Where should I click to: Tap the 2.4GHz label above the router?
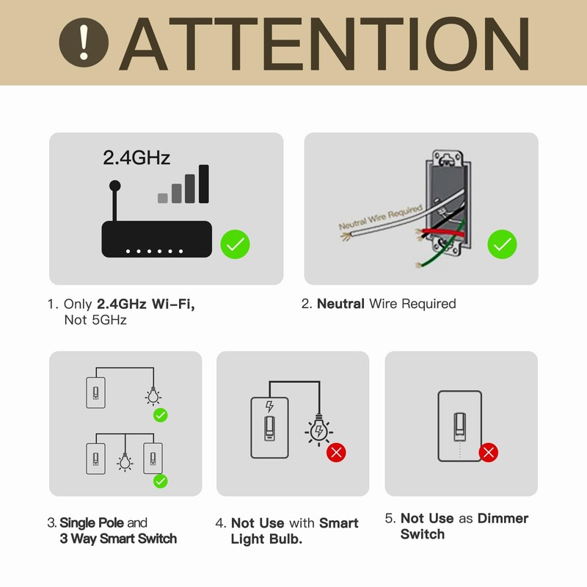pyautogui.click(x=136, y=157)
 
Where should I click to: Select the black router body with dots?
pyautogui.click(x=156, y=239)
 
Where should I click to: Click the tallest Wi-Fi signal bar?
pyautogui.click(x=204, y=183)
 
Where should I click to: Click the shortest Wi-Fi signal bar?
pyautogui.click(x=162, y=197)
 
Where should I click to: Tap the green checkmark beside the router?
pyautogui.click(x=235, y=244)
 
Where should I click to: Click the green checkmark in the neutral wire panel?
pyautogui.click(x=502, y=244)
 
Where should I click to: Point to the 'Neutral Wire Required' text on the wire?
pyautogui.click(x=379, y=218)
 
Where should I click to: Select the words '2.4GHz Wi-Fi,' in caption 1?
pyautogui.click(x=146, y=304)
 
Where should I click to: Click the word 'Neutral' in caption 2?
pyautogui.click(x=340, y=304)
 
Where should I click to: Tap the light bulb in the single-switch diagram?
pyautogui.click(x=153, y=397)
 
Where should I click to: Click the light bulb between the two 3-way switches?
pyautogui.click(x=124, y=462)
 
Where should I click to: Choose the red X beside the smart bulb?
pyautogui.click(x=336, y=452)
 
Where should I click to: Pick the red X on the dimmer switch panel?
pyautogui.click(x=489, y=452)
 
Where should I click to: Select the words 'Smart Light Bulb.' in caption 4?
pyautogui.click(x=293, y=531)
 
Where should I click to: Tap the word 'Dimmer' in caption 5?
pyautogui.click(x=503, y=519)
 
